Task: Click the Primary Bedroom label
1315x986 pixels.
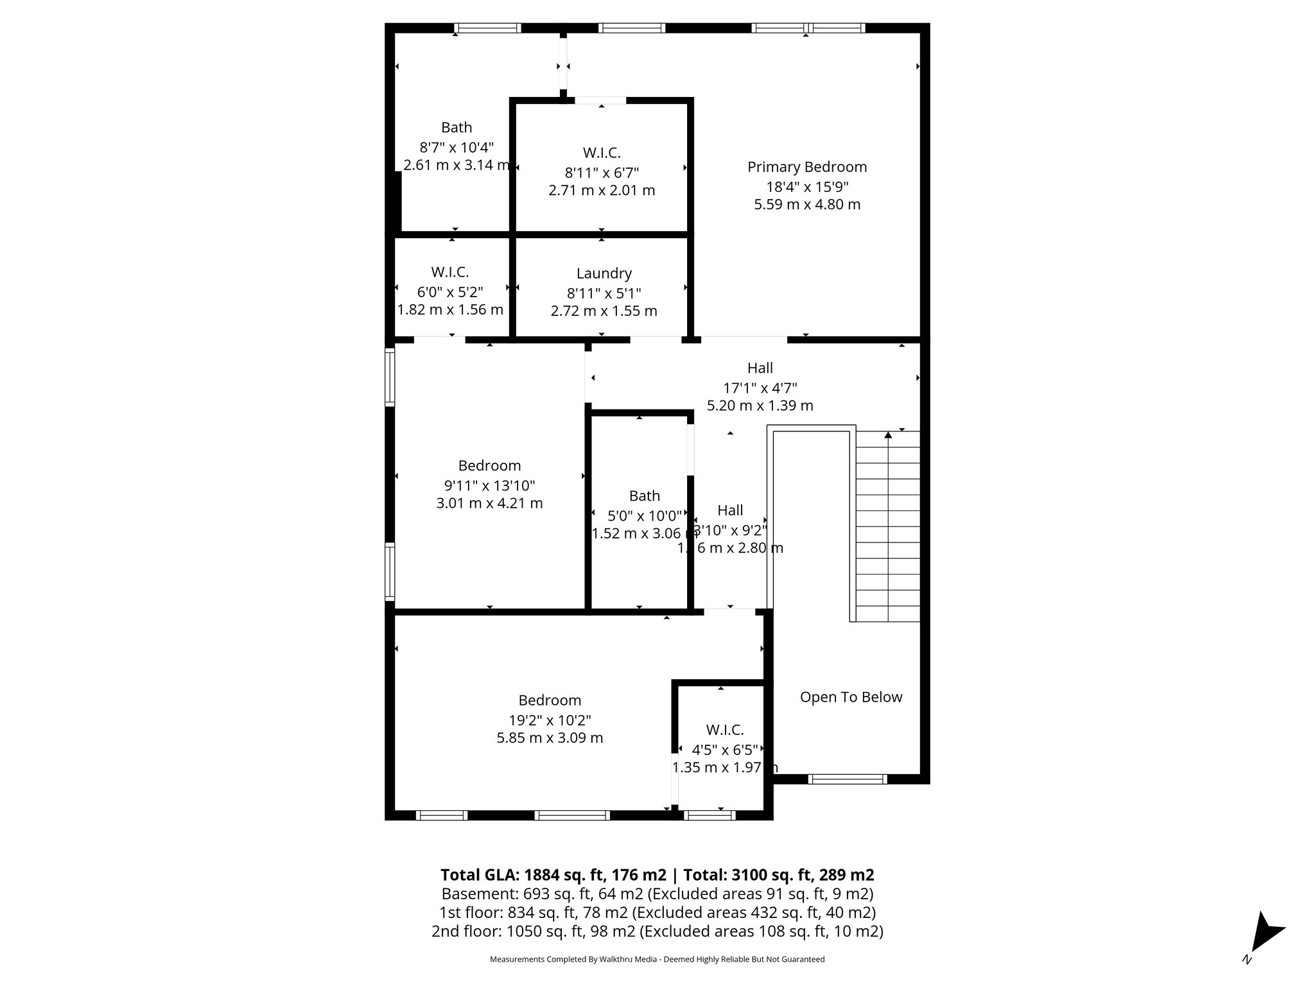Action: tap(807, 167)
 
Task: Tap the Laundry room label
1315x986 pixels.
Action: tap(604, 273)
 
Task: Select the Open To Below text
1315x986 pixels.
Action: tap(851, 696)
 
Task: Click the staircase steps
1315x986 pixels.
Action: tap(888, 526)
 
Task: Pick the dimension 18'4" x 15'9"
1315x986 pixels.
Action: tap(807, 187)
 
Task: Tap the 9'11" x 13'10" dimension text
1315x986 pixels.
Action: tap(489, 485)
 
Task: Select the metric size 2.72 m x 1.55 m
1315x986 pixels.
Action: tap(604, 311)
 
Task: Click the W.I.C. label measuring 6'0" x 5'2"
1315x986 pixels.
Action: tap(449, 272)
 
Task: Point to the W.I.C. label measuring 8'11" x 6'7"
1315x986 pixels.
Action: tap(602, 153)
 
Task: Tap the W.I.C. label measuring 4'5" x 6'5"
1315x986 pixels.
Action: tap(725, 730)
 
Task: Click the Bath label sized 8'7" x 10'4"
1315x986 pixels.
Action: tap(457, 128)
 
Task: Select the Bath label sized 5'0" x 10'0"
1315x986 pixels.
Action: tap(644, 496)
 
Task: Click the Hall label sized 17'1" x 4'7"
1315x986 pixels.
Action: tap(760, 368)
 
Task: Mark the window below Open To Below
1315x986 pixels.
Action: tap(847, 779)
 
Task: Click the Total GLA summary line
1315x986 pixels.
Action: tap(657, 875)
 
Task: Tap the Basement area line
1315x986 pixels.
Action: tap(657, 894)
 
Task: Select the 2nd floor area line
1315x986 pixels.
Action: tap(657, 931)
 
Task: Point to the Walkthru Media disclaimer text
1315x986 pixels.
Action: tap(657, 959)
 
